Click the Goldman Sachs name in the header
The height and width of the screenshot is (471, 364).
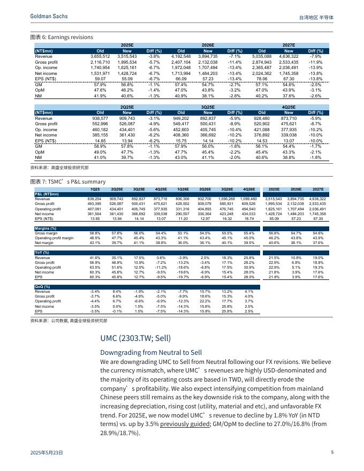pyautogui.click(x=49, y=17)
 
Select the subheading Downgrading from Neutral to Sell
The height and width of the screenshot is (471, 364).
pyautogui.click(x=151, y=353)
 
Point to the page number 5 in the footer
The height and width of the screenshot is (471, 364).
pyautogui.click(x=332, y=452)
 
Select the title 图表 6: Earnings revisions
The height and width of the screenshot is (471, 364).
pyautogui.click(x=62, y=37)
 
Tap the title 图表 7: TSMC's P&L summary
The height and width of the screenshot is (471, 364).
pyautogui.click(x=68, y=182)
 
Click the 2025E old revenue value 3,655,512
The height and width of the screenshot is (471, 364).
pyautogui.click(x=100, y=56)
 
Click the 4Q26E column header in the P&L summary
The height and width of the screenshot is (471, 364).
pyautogui.click(x=248, y=189)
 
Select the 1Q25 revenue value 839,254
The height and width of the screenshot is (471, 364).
pyautogui.click(x=94, y=199)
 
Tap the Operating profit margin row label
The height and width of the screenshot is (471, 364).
pyautogui.click(x=54, y=238)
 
